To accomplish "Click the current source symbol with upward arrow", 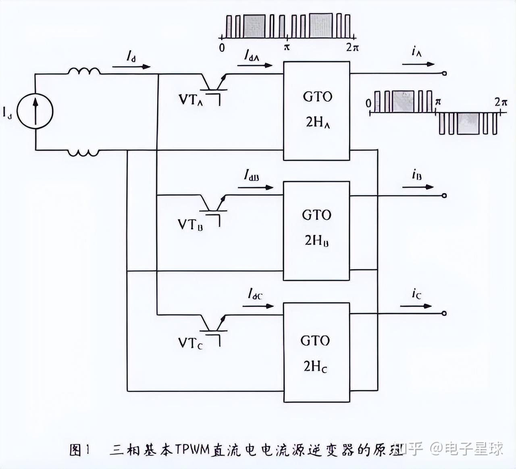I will point(35,111).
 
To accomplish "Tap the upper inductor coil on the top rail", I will point(84,71).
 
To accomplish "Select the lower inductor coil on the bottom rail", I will point(83,153).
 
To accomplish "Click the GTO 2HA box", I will point(316,111).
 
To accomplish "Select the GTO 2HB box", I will point(316,230).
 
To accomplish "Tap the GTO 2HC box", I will point(316,352).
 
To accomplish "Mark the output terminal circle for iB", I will point(444,196).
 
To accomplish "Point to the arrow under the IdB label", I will point(256,187).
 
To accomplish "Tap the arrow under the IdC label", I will point(258,306).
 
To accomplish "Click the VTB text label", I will point(190,224).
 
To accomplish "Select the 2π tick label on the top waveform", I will point(352,48).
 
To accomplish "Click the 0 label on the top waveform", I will point(222,48).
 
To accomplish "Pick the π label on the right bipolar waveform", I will point(438,102).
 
